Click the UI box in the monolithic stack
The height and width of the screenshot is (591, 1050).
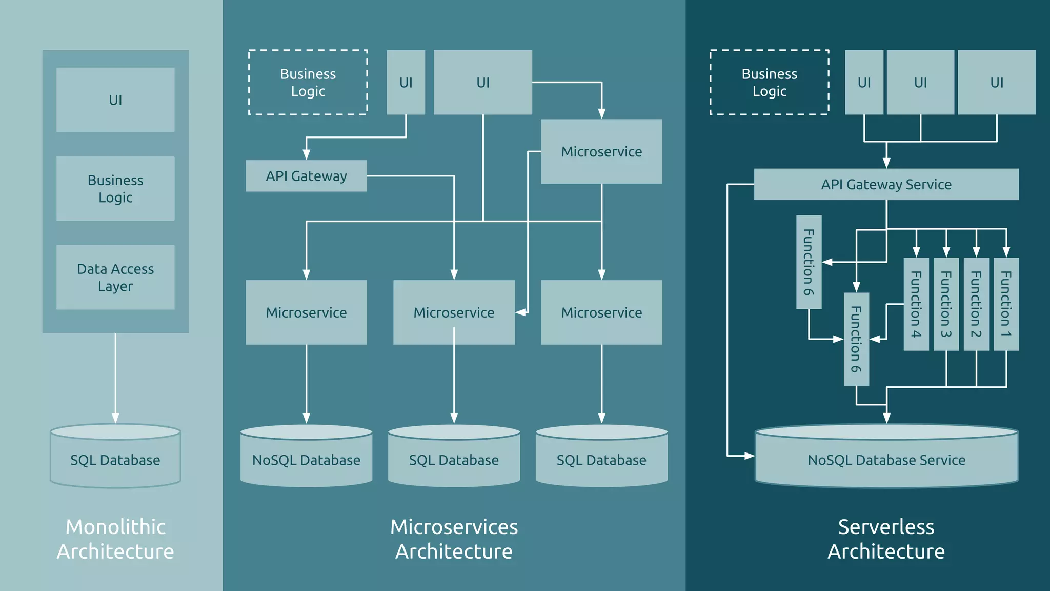click(x=115, y=100)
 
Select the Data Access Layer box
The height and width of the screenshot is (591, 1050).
click(x=115, y=278)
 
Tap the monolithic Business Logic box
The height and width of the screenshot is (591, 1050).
click(x=115, y=189)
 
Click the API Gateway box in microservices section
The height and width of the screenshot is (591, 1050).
click(x=306, y=176)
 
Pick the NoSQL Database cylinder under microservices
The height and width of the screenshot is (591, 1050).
click(x=306, y=456)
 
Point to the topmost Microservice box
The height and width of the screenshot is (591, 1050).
click(x=601, y=152)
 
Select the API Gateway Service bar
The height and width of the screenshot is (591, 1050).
click(x=886, y=184)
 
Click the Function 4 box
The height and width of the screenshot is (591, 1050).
click(x=916, y=304)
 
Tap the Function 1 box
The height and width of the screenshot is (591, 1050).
click(x=1006, y=304)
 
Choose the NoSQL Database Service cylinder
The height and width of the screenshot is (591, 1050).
click(x=886, y=457)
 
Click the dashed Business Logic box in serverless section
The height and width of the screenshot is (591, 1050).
click(x=769, y=83)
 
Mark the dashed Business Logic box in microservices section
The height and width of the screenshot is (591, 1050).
click(x=308, y=83)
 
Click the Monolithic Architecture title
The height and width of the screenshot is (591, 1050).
click(x=115, y=539)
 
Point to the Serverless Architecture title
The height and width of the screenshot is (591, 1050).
click(x=886, y=539)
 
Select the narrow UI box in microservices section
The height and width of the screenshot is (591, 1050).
click(x=406, y=83)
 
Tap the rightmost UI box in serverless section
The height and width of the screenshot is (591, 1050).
click(x=996, y=83)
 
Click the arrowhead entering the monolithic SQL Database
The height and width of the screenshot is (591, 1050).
click(x=115, y=418)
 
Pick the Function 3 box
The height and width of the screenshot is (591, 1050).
click(x=946, y=304)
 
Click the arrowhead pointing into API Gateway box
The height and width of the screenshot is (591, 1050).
click(x=306, y=154)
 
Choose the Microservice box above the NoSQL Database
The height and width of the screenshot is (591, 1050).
click(x=306, y=312)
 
